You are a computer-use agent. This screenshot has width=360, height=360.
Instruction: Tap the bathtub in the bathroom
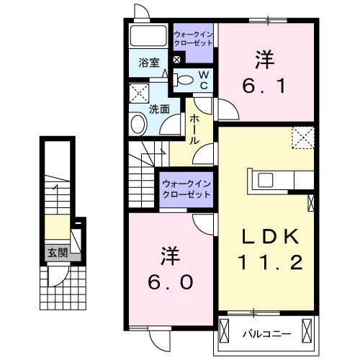point(149,36)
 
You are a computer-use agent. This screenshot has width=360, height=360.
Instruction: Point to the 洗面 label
point(159,109)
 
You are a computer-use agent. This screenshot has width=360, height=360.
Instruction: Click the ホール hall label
point(194,131)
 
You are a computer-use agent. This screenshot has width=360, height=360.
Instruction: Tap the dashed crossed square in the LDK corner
point(303,137)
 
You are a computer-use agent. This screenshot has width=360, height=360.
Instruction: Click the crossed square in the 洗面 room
point(138,92)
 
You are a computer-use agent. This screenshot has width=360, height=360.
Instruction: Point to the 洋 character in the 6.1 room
point(264,57)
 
